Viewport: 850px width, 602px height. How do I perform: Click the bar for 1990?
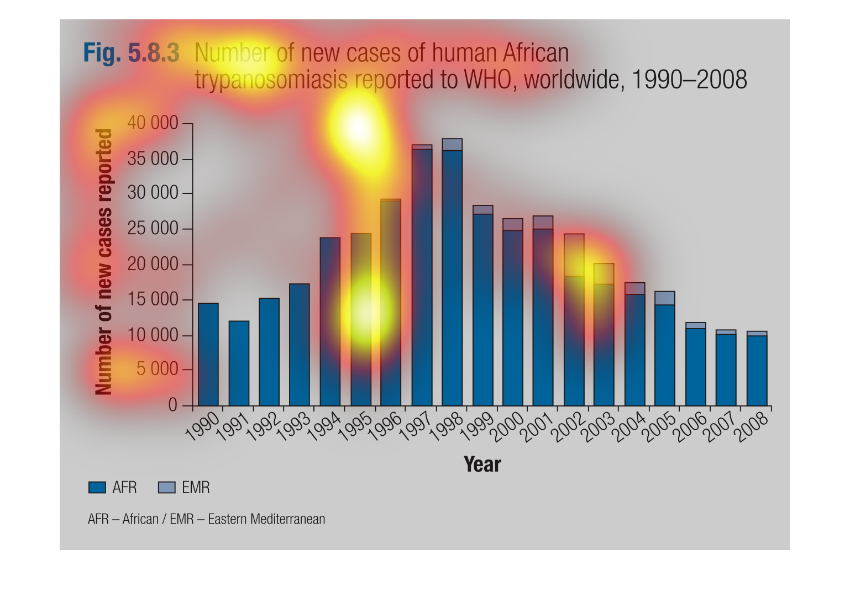[x=208, y=355]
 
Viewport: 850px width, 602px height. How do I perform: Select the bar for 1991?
[x=239, y=363]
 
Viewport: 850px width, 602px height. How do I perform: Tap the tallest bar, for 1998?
[x=452, y=272]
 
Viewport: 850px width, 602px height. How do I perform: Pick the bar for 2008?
[x=757, y=368]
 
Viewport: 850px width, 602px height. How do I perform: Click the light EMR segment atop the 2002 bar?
[x=574, y=255]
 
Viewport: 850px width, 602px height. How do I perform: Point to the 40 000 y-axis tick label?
[x=153, y=123]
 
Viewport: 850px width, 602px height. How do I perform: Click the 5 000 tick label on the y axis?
[x=157, y=369]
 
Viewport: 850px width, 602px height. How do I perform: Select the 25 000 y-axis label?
[x=153, y=229]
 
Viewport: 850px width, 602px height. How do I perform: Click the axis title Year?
[x=482, y=464]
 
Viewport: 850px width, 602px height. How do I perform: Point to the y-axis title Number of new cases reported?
[x=103, y=262]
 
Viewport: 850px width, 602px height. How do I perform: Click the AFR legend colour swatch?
[x=97, y=488]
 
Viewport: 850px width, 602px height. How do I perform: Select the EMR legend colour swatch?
[x=166, y=488]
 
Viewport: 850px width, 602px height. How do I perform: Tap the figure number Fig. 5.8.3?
[x=132, y=53]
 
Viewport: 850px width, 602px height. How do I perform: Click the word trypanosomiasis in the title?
[x=271, y=81]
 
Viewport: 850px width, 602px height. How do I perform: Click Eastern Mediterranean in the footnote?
[x=266, y=519]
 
